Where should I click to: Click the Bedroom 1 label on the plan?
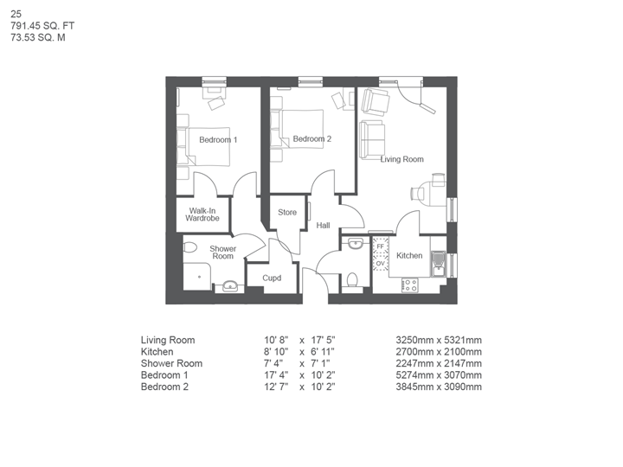[x=218, y=140]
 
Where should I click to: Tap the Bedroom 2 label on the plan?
[x=311, y=139]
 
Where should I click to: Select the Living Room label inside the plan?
[x=402, y=159]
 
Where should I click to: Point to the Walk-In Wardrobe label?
[x=202, y=214]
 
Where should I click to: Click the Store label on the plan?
[x=287, y=213]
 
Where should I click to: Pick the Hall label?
[x=323, y=226]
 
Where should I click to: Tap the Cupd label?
[x=272, y=278]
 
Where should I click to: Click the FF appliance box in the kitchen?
[x=380, y=246]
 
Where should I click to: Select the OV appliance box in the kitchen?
[x=380, y=263]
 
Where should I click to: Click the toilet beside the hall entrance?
[x=351, y=280]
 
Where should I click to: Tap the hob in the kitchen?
[x=409, y=283]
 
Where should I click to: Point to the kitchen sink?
[x=438, y=262]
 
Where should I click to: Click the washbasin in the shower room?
[x=230, y=285]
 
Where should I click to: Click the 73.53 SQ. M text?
[x=38, y=38]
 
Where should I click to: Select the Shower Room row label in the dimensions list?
[x=171, y=364]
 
